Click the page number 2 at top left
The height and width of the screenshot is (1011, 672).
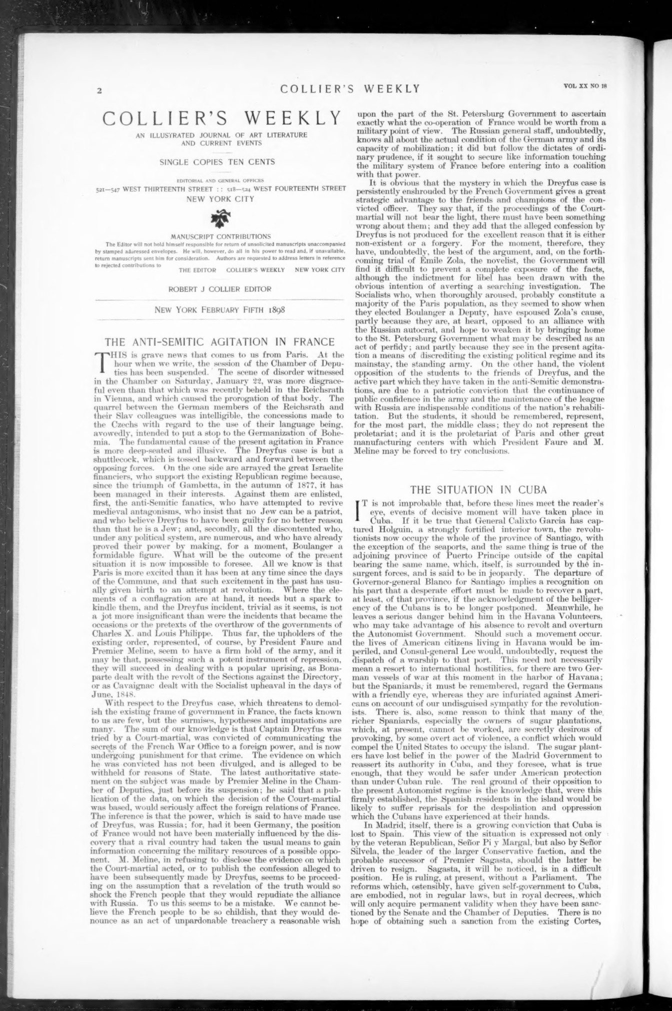pyautogui.click(x=100, y=91)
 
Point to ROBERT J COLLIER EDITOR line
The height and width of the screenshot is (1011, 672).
pyautogui.click(x=220, y=289)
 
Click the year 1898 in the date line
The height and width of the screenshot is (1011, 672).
pyautogui.click(x=276, y=310)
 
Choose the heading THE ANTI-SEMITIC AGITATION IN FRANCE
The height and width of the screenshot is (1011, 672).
pyautogui.click(x=219, y=343)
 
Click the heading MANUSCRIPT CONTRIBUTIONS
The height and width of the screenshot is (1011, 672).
pyautogui.click(x=221, y=236)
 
